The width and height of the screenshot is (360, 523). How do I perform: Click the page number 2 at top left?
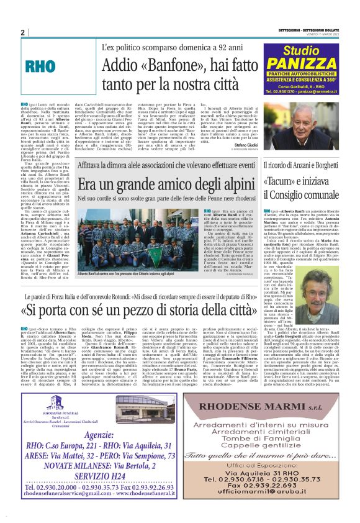click(22, 33)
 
